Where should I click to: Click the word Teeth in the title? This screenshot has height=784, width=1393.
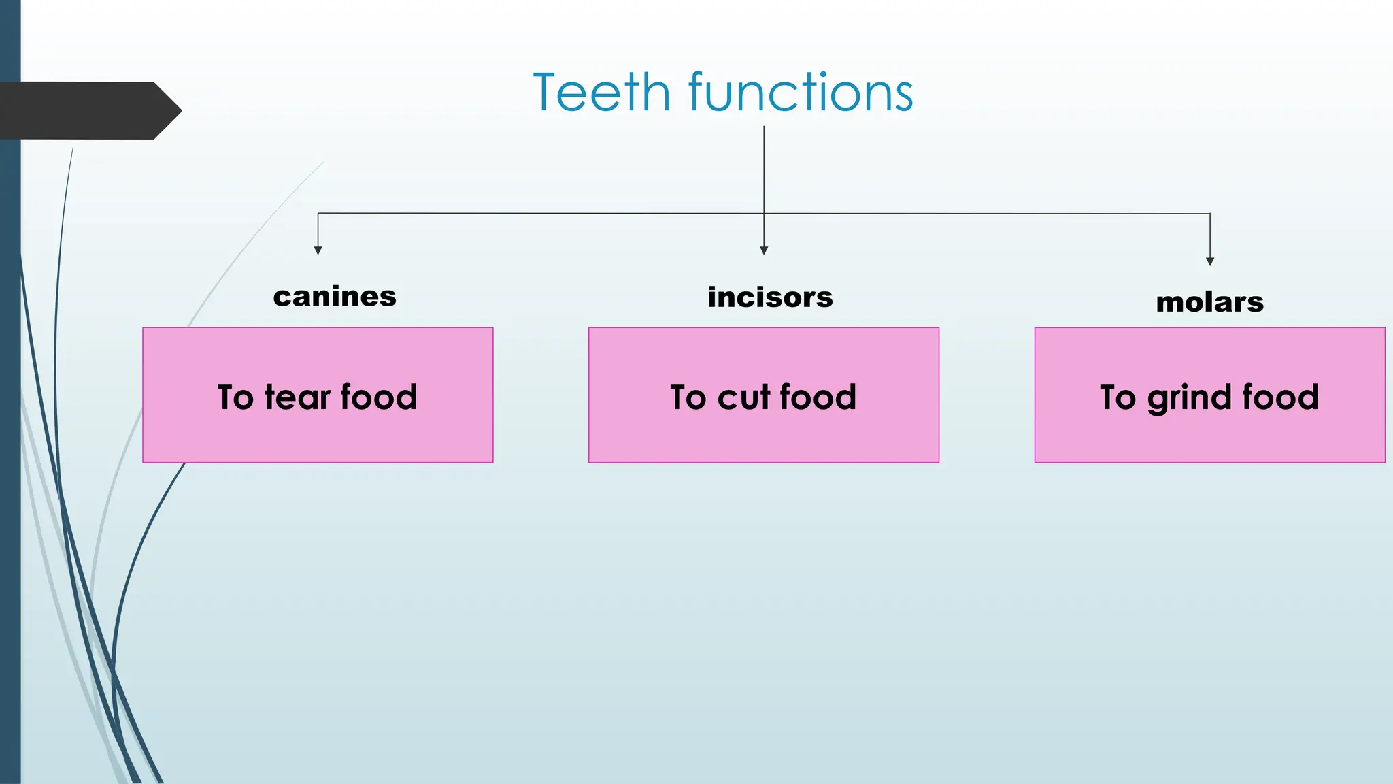coord(602,93)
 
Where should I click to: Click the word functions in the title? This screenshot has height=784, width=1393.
coord(801,93)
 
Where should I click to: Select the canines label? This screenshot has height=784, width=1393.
coord(335,297)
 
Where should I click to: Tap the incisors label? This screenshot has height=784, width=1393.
coord(770,297)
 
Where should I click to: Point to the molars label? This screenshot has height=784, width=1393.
coord(1209,302)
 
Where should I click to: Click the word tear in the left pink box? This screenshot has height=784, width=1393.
coord(297,397)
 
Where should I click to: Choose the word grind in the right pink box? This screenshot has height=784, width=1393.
coord(1190,398)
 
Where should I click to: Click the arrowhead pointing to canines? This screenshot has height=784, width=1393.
coord(318,250)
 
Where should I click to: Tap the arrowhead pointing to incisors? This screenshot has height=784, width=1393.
coord(764,250)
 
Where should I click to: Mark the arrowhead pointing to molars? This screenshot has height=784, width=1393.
coord(1210,261)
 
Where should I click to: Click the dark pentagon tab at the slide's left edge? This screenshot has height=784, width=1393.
coord(88,110)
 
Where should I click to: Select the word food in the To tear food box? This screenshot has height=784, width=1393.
coord(378,397)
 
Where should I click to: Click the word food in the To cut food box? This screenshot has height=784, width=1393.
coord(818,397)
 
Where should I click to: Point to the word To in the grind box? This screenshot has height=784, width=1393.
coord(1118,397)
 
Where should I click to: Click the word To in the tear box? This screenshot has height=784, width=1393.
coord(235,397)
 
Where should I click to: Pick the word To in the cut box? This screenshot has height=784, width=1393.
coord(688,397)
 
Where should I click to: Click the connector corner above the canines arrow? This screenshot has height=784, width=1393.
coord(318,214)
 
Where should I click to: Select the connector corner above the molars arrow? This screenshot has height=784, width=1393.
coord(1210,214)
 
